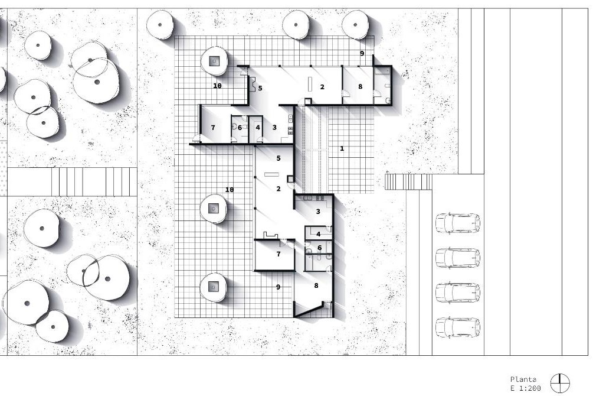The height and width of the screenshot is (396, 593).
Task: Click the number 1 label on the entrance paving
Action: (x=342, y=148)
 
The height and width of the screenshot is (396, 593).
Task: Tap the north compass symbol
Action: (x=560, y=383)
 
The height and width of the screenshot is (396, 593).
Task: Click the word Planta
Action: (x=523, y=379)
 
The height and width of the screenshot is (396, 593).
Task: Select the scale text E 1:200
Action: (x=526, y=388)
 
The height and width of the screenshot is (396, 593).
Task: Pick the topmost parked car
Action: (x=458, y=223)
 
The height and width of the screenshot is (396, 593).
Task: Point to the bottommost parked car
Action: (x=458, y=327)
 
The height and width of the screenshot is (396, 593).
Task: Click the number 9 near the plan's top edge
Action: (x=362, y=53)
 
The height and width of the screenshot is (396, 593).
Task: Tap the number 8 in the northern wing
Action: (x=360, y=86)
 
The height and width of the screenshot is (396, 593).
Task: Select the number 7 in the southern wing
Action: (x=279, y=254)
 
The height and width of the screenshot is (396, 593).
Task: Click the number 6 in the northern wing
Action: (x=240, y=128)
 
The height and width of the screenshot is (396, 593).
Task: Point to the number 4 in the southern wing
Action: (x=319, y=234)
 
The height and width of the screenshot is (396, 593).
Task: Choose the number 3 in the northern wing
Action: (x=274, y=127)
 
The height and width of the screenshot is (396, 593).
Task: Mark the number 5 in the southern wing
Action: (x=279, y=158)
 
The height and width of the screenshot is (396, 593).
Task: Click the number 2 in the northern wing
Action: (x=322, y=87)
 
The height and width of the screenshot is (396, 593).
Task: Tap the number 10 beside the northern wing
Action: (x=217, y=86)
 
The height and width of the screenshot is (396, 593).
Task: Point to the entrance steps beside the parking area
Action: (x=408, y=181)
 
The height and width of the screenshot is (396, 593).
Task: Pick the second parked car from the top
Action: (x=458, y=258)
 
